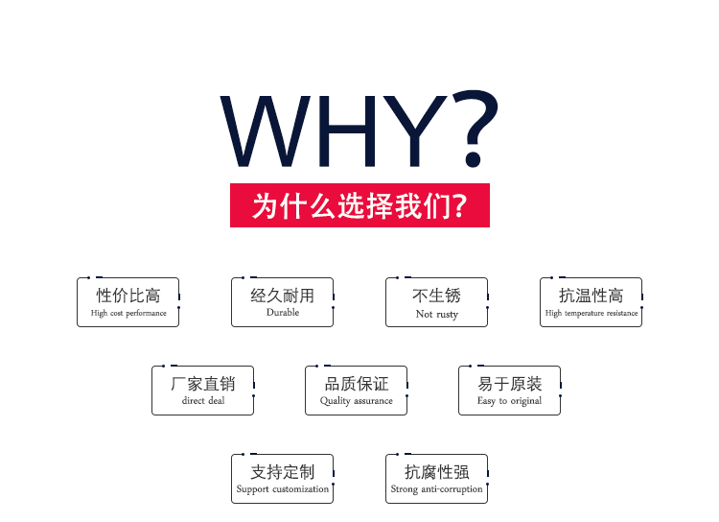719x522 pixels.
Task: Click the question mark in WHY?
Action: tap(475, 129)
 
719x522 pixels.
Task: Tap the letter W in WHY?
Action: tap(266, 130)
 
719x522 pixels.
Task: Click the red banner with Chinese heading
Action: tap(359, 205)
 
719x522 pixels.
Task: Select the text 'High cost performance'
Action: tap(128, 313)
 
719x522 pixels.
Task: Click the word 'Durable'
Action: tap(283, 312)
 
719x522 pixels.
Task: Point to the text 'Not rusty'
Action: tap(437, 314)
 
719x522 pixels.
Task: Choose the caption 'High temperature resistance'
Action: tap(591, 313)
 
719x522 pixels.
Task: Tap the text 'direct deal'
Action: tap(203, 400)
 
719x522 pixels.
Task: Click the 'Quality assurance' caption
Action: tap(357, 401)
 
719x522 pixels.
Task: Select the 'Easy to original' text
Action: tap(509, 401)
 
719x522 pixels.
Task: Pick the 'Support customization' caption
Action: tap(283, 489)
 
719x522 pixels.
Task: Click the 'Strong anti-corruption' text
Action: tap(436, 489)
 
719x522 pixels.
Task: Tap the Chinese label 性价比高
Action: tap(128, 296)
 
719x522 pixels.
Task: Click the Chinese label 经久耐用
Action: tap(283, 296)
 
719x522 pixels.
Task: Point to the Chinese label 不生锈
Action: tap(436, 296)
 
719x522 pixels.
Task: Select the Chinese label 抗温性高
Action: tap(591, 296)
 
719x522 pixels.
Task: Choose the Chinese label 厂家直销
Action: tap(202, 384)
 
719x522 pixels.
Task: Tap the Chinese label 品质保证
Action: tap(357, 384)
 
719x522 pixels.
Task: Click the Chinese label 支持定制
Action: tap(283, 472)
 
